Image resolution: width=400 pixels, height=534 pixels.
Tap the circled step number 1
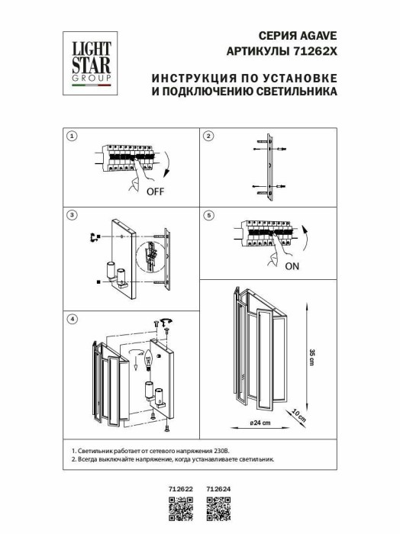point(72,137)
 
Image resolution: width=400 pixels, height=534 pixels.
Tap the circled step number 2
point(208,137)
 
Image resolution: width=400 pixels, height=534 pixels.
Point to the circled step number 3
point(72,216)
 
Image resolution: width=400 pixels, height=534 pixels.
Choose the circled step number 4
point(72,318)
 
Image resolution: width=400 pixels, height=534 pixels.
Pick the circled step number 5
point(208,216)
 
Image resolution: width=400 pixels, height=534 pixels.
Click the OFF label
point(156,191)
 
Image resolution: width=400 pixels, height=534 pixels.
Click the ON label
point(292,267)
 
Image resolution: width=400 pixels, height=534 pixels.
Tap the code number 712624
point(219,491)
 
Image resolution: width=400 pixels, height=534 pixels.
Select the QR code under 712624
point(219,510)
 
